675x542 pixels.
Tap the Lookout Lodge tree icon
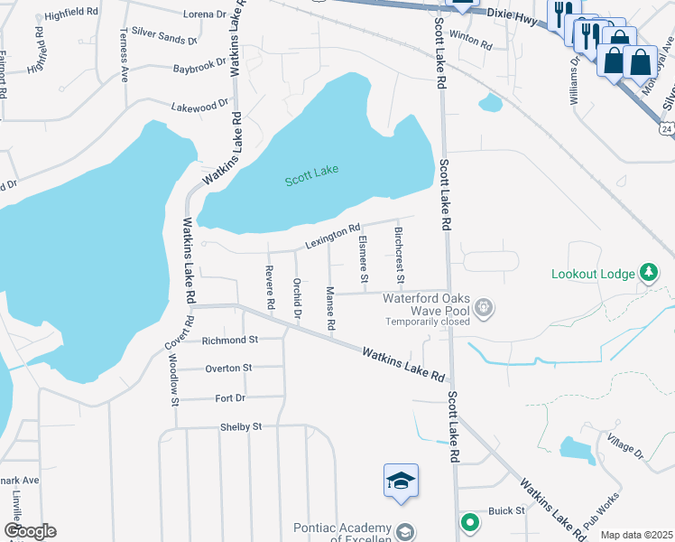[647, 272]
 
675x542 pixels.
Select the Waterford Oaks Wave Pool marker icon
[485, 308]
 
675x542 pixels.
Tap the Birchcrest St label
[400, 254]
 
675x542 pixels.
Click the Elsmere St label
[363, 259]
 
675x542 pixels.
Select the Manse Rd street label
[330, 308]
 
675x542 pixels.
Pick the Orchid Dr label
[296, 297]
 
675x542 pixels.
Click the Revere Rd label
[269, 288]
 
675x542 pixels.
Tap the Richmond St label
[230, 341]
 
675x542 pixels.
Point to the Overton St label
[228, 369]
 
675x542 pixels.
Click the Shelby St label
[241, 426]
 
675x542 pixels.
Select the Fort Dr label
[231, 397]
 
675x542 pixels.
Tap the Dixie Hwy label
[513, 14]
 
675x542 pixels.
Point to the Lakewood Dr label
[200, 106]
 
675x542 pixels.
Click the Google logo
[30, 531]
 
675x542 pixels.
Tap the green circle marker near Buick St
[469, 522]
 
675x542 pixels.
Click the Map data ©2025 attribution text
[637, 535]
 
